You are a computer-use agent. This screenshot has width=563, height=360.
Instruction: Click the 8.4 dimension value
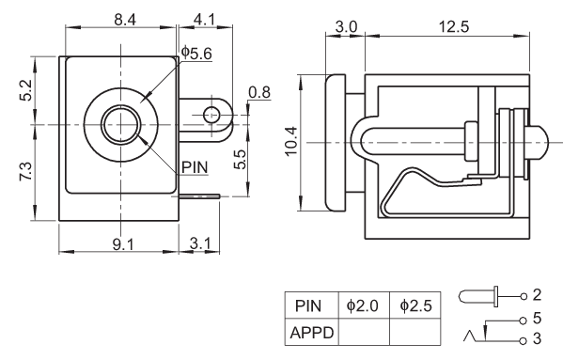click(125, 20)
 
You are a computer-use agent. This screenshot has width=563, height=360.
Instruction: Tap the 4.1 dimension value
click(205, 20)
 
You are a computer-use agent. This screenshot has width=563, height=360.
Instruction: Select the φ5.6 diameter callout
click(196, 54)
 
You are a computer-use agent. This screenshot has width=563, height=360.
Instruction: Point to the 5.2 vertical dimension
click(26, 90)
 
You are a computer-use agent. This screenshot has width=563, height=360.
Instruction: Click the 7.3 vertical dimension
click(26, 172)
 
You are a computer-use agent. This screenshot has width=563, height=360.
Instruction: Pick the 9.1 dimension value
click(123, 244)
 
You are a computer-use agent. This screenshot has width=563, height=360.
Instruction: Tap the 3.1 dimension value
click(200, 243)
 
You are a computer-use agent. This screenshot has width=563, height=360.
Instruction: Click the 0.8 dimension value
click(259, 92)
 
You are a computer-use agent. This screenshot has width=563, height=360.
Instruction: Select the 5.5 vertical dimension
click(240, 159)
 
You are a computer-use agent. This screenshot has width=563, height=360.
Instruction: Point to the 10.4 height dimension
click(291, 141)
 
